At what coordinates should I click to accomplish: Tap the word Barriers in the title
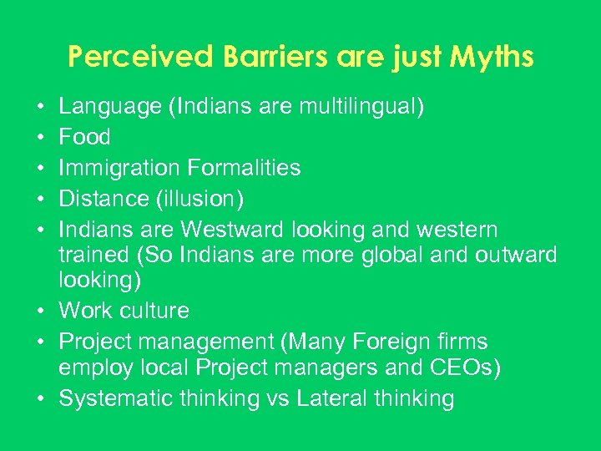pyautogui.click(x=263, y=57)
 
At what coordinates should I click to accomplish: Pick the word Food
pyautogui.click(x=84, y=137)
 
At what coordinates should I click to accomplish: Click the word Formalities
pyautogui.click(x=244, y=167)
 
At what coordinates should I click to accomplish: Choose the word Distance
pyautogui.click(x=103, y=198)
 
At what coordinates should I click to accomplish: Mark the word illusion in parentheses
pyautogui.click(x=199, y=198)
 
